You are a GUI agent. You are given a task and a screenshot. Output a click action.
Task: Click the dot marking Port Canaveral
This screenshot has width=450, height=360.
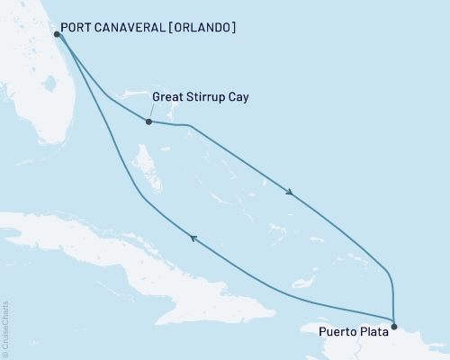click(x=57, y=34)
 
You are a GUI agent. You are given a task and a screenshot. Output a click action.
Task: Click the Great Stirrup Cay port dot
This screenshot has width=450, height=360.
click(x=148, y=121)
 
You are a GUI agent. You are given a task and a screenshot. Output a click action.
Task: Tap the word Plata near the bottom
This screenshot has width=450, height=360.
click(x=376, y=331)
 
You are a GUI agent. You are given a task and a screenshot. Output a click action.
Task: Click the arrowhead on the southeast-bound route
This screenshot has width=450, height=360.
click(x=289, y=192)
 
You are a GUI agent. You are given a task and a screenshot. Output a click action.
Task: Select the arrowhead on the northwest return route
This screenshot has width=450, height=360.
click(x=191, y=237)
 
